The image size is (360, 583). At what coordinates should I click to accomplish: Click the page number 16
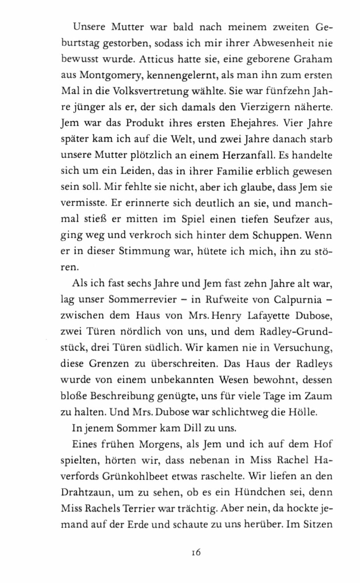(x=196, y=552)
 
